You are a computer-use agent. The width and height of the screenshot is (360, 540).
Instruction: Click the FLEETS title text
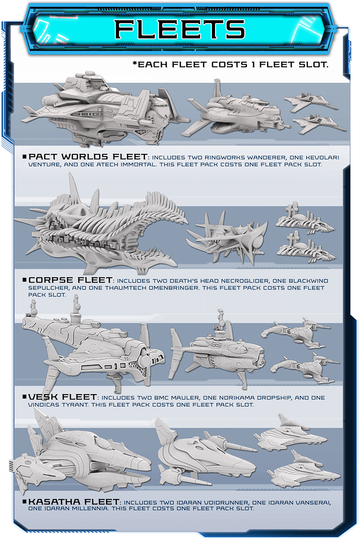coord(180,29)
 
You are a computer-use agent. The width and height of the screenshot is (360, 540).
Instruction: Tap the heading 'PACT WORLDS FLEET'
coord(88,157)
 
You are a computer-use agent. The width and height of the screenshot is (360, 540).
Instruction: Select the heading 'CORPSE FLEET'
coord(71,280)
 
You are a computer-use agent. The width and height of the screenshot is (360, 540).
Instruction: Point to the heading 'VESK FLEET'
coord(63,397)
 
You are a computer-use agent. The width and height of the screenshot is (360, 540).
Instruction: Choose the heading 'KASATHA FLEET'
coord(74,502)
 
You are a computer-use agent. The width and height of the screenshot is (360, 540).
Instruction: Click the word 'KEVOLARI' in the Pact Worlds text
coord(322,157)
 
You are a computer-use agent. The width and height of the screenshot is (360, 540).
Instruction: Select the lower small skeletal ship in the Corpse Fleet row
coord(306,248)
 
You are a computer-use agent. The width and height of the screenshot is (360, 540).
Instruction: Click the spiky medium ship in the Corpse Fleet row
coord(227,237)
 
